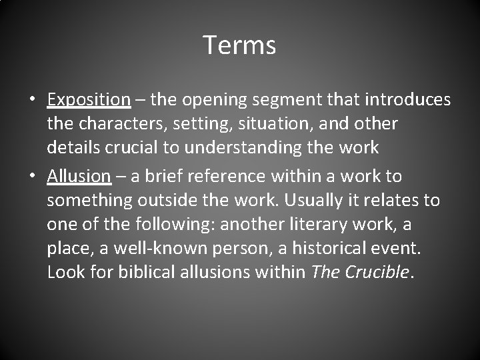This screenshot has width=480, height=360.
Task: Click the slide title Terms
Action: click(239, 45)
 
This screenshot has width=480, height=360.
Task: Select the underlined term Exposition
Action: click(89, 100)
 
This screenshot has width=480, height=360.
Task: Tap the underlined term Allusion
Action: click(79, 176)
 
